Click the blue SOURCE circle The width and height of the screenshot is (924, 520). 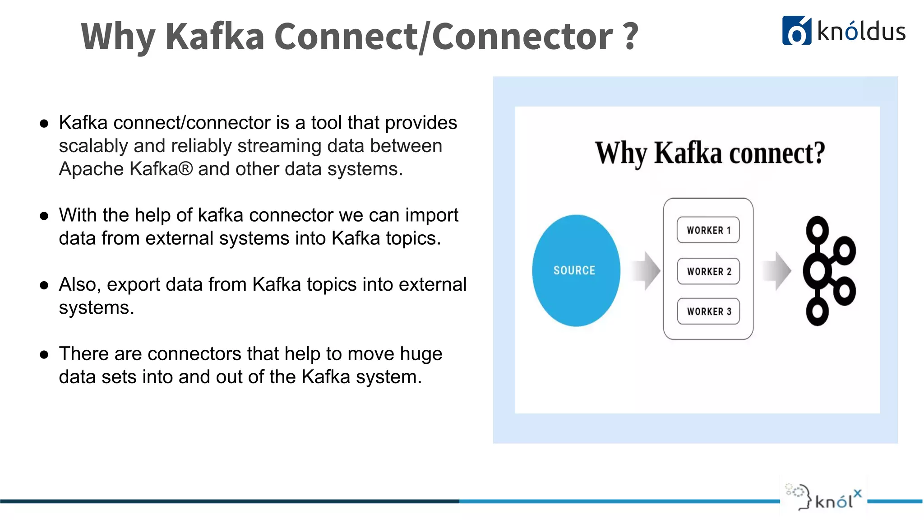pos(576,270)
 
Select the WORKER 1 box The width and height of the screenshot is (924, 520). pos(708,230)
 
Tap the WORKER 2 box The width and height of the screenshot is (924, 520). pos(708,271)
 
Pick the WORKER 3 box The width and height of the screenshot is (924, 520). pos(708,311)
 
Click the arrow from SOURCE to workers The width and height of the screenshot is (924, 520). pos(646,271)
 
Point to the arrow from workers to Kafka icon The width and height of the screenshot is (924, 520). pos(777,271)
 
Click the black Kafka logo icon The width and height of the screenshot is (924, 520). pos(828,271)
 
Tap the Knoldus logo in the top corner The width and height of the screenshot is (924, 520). pos(843,31)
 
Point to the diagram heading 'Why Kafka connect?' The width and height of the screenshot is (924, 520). pos(710,153)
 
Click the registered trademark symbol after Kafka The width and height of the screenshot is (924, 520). pos(185,169)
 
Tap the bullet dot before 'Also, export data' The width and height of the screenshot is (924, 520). pos(44,285)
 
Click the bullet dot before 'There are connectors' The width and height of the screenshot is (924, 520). pos(44,355)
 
